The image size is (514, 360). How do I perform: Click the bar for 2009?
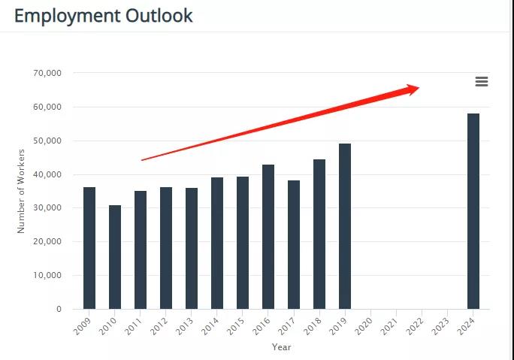[x=89, y=248]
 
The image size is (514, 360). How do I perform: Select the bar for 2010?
[x=115, y=257]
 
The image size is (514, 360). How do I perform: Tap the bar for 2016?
[x=268, y=237]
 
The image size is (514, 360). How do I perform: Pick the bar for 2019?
[x=345, y=226]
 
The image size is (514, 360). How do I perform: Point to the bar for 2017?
[x=294, y=244]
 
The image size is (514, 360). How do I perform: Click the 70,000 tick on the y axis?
[x=47, y=73]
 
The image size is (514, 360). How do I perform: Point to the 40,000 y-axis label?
[x=47, y=174]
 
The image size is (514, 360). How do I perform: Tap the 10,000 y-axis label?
[x=47, y=275]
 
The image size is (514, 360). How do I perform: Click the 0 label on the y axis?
[x=58, y=309]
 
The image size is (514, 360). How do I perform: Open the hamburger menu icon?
[x=482, y=81]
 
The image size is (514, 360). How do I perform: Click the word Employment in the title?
[x=66, y=15]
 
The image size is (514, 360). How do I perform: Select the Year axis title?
[x=281, y=347]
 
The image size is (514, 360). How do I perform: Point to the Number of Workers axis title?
[x=22, y=191]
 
